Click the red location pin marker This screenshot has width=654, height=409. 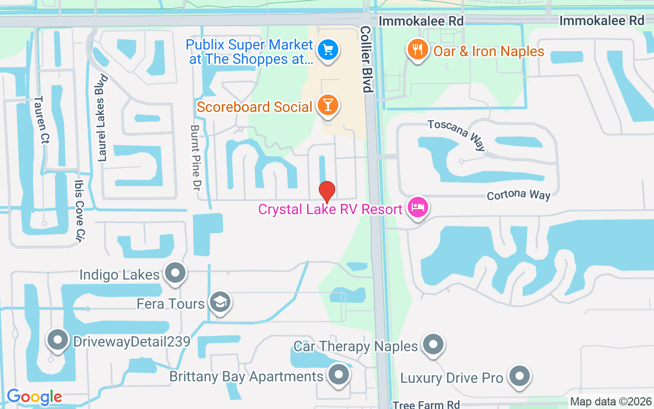pyautogui.click(x=327, y=192)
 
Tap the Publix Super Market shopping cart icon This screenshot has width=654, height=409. pyautogui.click(x=326, y=50)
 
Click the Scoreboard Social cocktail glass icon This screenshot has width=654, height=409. pyautogui.click(x=328, y=105)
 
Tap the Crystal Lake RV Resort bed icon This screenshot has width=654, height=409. pyautogui.click(x=418, y=207)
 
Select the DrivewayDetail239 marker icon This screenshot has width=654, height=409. pyautogui.click(x=57, y=339)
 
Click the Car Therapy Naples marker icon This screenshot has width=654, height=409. pyautogui.click(x=433, y=345)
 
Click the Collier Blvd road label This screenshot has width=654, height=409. pyautogui.click(x=366, y=59)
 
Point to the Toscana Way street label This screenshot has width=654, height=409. pyautogui.click(x=456, y=135)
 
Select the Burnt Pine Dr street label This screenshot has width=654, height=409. pyautogui.click(x=195, y=158)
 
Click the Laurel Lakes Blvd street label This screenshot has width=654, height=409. pyautogui.click(x=103, y=118)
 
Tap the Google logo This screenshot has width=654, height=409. pyautogui.click(x=34, y=397)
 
